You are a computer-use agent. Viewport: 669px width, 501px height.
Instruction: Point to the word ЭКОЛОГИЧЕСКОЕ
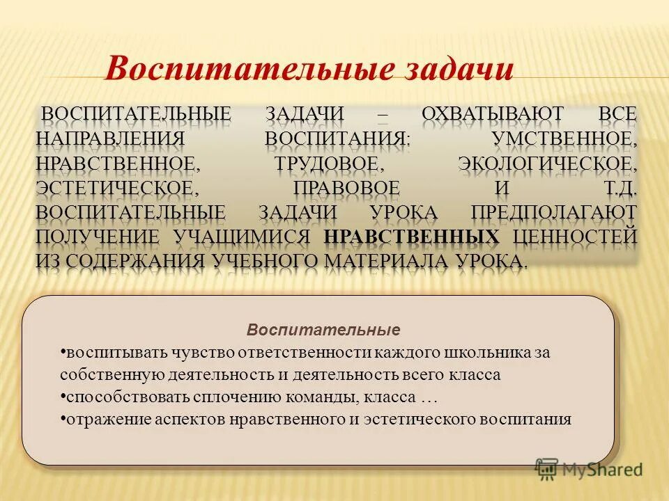point(547,164)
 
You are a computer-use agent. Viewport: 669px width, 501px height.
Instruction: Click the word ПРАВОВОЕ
point(347,189)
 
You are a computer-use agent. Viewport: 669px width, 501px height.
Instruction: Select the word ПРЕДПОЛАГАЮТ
point(553,212)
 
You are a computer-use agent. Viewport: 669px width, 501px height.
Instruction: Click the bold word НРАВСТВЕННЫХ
point(412,237)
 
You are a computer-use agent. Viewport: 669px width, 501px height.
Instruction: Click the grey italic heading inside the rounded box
point(324,329)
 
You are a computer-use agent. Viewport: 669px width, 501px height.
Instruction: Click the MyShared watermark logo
point(588,470)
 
